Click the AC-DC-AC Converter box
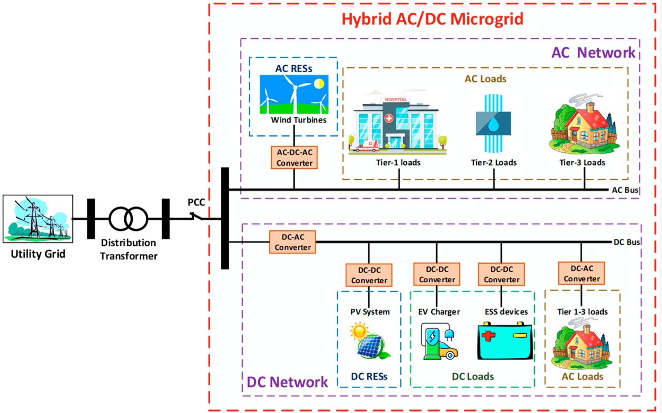pyautogui.click(x=294, y=158)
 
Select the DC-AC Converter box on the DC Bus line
pyautogui.click(x=293, y=242)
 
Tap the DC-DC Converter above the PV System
pyautogui.click(x=369, y=275)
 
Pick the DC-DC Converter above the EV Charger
pyautogui.click(x=437, y=274)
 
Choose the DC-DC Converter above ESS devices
pyautogui.click(x=501, y=274)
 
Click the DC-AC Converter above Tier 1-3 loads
pyautogui.click(x=582, y=273)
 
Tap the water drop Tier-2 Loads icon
pyautogui.click(x=493, y=123)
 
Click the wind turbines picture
pyautogui.click(x=294, y=95)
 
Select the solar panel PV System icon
pyautogui.click(x=370, y=341)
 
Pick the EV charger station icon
pyautogui.click(x=438, y=341)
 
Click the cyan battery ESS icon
pyautogui.click(x=505, y=341)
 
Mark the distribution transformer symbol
pyautogui.click(x=128, y=219)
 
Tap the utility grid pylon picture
pyautogui.click(x=38, y=219)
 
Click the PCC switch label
pyautogui.click(x=196, y=202)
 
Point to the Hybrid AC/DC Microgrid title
pyautogui.click(x=433, y=19)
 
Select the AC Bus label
pyautogui.click(x=624, y=190)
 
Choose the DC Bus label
pyautogui.click(x=626, y=242)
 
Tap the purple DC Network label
pyautogui.click(x=287, y=382)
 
